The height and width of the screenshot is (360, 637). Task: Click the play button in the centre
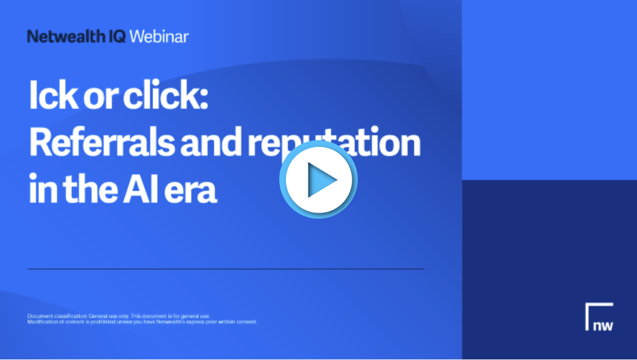pos(318,180)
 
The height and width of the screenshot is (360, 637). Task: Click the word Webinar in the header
pos(159,37)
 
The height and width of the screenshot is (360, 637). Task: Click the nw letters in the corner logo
pos(603,326)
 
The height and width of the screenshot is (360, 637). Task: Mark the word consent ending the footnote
pos(248,322)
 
